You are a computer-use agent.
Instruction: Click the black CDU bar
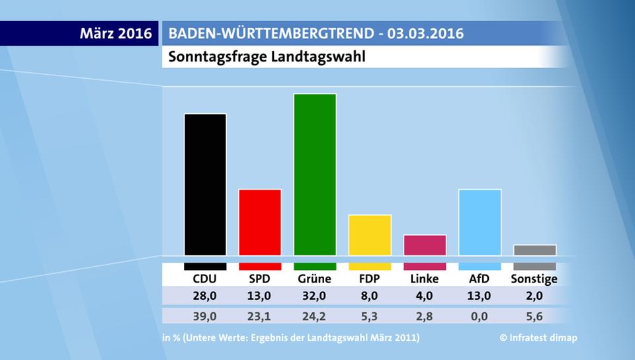[205, 185]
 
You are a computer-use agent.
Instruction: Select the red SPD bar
[260, 222]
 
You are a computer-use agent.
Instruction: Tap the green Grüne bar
[315, 175]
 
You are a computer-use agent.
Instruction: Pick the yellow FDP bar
[370, 235]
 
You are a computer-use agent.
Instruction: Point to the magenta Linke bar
[425, 245]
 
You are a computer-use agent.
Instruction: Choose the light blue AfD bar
[480, 222]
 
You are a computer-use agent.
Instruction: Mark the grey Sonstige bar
[534, 250]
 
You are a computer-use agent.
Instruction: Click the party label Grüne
[315, 279]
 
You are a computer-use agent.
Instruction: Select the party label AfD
[480, 279]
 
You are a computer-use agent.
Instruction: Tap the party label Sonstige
[534, 279]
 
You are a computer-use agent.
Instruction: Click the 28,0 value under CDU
[205, 296]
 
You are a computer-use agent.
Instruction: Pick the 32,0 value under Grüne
[315, 296]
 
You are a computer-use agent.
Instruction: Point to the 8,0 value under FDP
[370, 296]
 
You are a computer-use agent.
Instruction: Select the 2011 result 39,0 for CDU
[205, 316]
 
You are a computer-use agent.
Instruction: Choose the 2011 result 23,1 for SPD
[260, 316]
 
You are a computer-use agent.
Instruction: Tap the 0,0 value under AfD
[480, 316]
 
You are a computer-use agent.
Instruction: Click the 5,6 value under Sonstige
[534, 316]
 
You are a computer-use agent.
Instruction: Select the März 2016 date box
[116, 33]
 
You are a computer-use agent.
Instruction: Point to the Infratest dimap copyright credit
[538, 338]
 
